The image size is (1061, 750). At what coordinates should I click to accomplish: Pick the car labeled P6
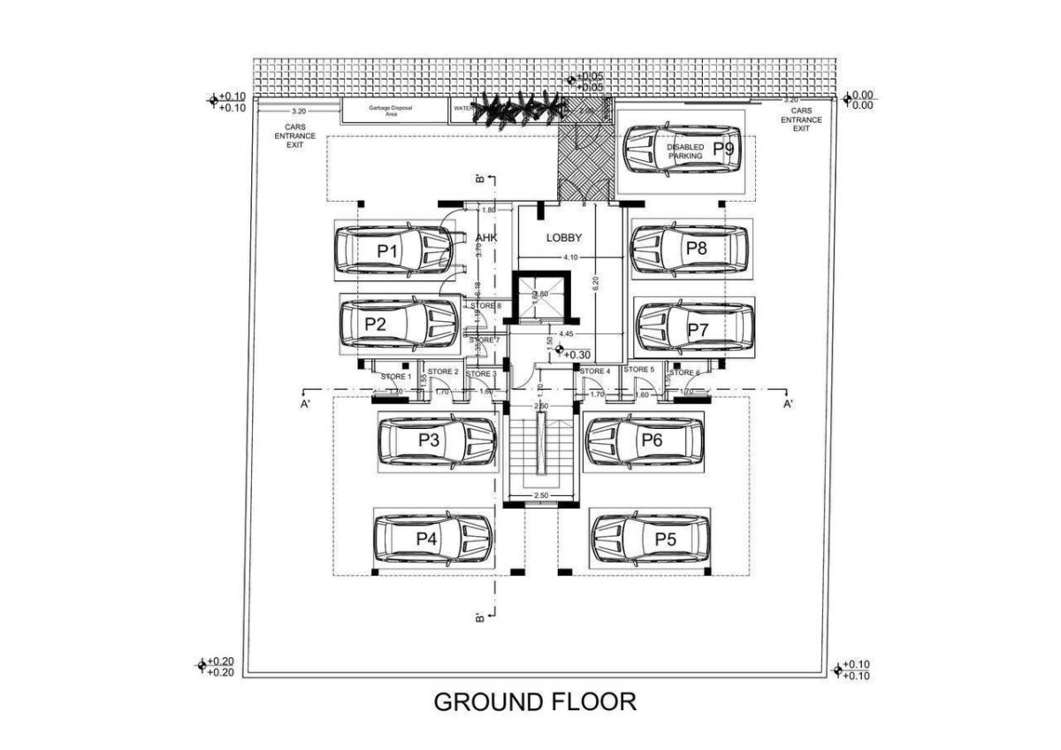click(x=644, y=440)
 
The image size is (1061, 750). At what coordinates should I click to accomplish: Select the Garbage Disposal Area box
click(x=391, y=111)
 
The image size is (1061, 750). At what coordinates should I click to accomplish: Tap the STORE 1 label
click(x=396, y=377)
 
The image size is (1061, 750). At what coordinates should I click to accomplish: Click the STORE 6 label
click(x=684, y=372)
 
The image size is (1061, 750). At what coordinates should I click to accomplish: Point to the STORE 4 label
click(x=594, y=371)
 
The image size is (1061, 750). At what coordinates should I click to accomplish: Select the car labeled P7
click(x=695, y=327)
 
